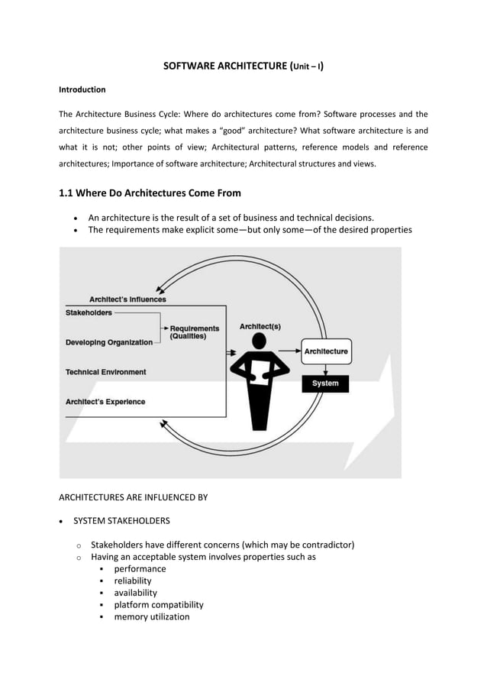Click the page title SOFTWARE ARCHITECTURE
click(243, 66)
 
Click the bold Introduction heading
click(82, 89)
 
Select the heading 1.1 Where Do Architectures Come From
click(150, 192)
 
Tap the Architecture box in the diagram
click(326, 351)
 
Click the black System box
click(325, 383)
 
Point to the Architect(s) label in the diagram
click(260, 326)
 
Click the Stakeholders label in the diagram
click(89, 312)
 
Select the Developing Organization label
click(109, 342)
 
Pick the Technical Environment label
click(105, 372)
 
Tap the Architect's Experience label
click(105, 402)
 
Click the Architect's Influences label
click(127, 299)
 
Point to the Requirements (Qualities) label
click(194, 332)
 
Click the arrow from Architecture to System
click(326, 367)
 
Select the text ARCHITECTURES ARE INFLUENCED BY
click(133, 497)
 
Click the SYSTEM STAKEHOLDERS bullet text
click(121, 521)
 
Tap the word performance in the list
click(140, 569)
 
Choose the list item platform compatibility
click(159, 604)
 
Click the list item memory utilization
click(152, 616)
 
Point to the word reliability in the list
click(133, 581)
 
